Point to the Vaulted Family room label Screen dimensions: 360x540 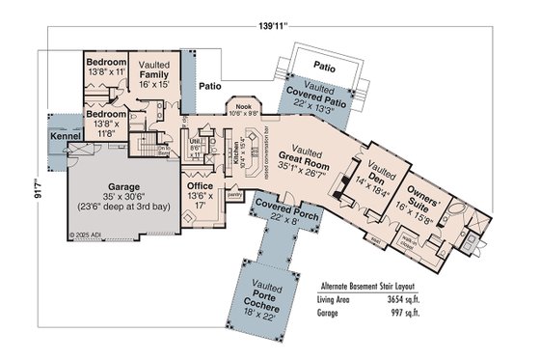(155, 74)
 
